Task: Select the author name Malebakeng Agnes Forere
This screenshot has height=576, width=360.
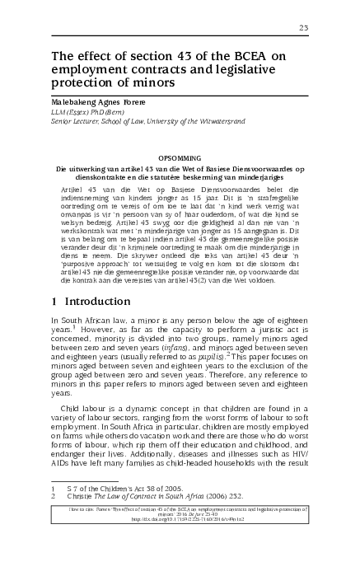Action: [x=105, y=101]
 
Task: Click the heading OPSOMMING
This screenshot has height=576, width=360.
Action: [x=180, y=157]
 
